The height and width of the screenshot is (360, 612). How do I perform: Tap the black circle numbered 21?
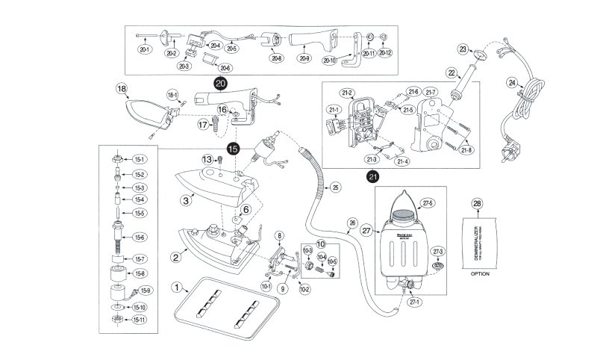click(372, 176)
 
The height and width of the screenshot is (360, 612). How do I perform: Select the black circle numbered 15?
click(234, 149)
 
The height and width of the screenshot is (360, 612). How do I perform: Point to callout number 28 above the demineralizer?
click(478, 204)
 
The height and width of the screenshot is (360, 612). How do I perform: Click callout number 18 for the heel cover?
click(122, 88)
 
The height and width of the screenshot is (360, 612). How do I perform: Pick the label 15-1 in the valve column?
click(140, 159)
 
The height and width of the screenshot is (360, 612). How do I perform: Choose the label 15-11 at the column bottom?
click(140, 320)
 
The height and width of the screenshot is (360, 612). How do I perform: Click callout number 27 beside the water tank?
click(366, 231)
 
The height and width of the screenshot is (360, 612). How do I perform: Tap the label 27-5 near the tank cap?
click(428, 202)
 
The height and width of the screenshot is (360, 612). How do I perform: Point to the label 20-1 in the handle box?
click(145, 49)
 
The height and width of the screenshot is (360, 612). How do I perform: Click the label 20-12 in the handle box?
click(385, 53)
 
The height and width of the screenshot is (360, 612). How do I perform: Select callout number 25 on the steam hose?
click(334, 187)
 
